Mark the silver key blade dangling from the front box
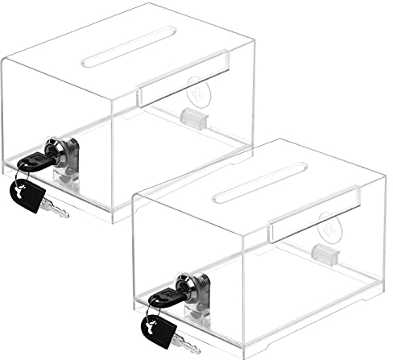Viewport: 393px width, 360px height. click(x=187, y=344)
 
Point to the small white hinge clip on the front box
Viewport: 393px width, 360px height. click(x=324, y=255)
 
